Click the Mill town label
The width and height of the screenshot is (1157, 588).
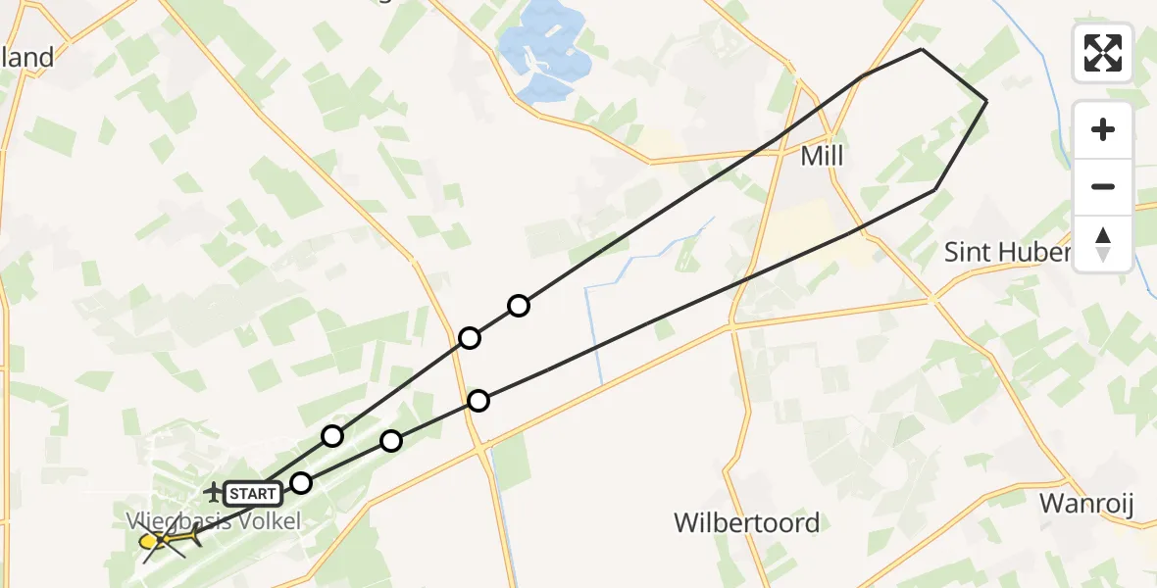click(x=822, y=156)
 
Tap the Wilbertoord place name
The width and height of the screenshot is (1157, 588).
click(x=746, y=522)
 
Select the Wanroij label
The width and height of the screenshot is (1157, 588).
click(x=1085, y=505)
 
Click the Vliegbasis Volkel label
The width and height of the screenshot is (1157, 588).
click(x=213, y=521)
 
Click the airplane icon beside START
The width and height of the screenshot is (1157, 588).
click(x=213, y=490)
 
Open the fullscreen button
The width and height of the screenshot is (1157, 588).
click(x=1103, y=53)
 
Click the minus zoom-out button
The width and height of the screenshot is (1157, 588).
click(x=1103, y=186)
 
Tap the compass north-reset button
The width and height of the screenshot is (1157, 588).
click(x=1103, y=243)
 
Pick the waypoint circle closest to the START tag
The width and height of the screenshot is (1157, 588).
click(x=301, y=482)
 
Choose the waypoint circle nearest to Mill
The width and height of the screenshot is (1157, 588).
click(x=519, y=306)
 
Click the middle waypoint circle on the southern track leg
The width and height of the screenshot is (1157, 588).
click(x=391, y=441)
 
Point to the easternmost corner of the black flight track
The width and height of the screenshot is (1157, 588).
click(x=986, y=101)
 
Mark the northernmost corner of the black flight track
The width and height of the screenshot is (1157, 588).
click(x=922, y=49)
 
